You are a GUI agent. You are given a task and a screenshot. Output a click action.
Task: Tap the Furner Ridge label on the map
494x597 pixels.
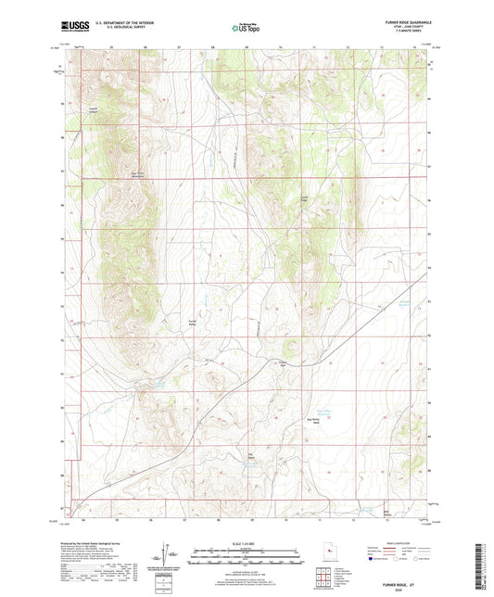[x=303, y=197]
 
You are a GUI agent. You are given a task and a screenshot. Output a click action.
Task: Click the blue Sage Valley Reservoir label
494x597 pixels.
[x=371, y=413]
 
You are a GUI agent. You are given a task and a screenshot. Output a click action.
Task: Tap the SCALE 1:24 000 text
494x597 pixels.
[x=247, y=544]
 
